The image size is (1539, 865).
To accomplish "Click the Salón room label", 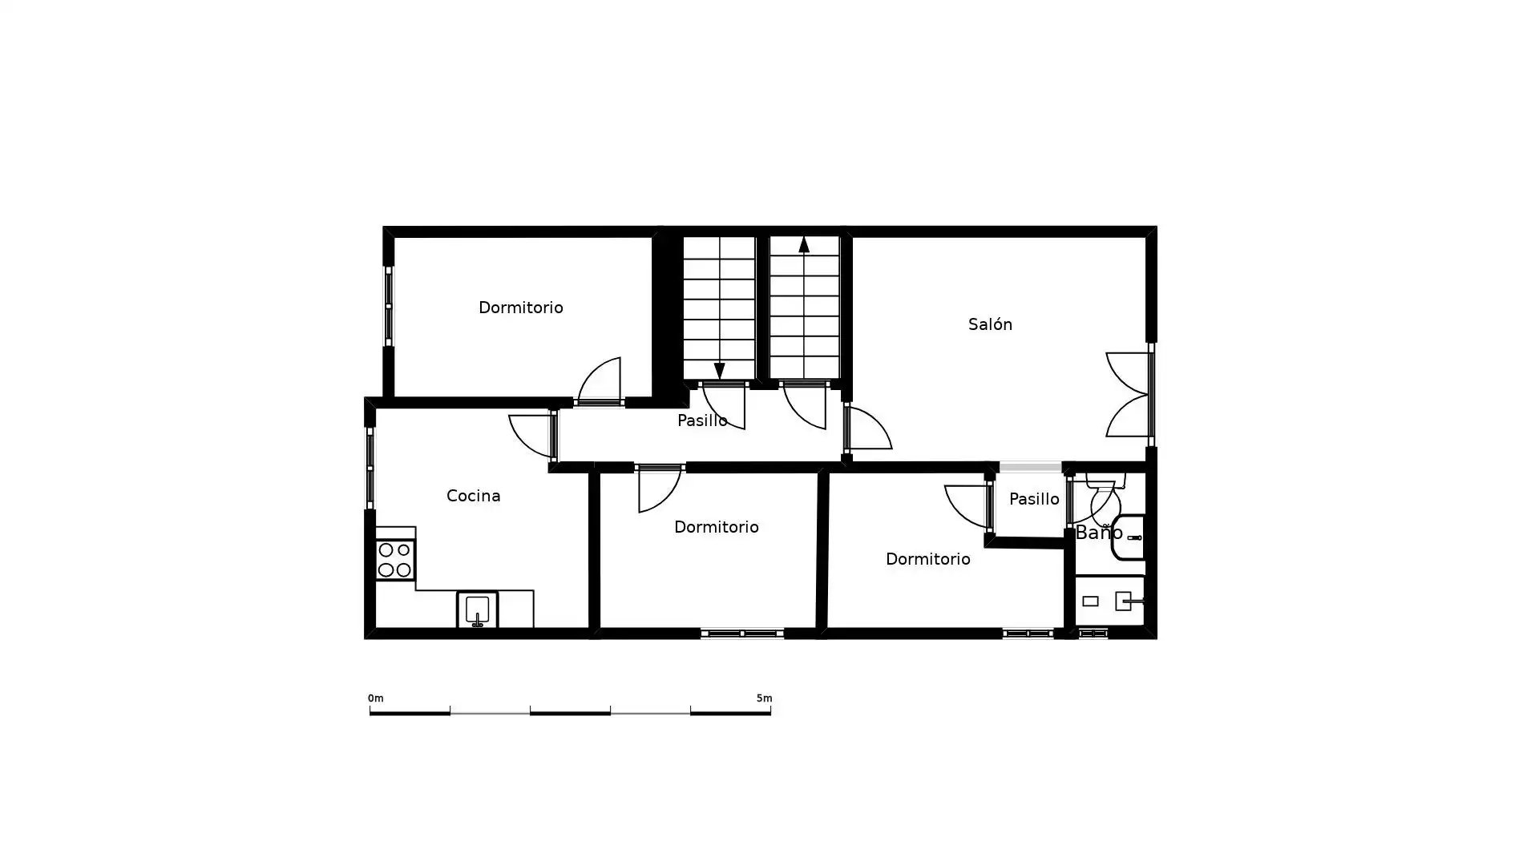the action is pyautogui.click(x=990, y=324).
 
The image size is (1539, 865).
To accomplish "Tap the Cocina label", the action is pyautogui.click(x=473, y=496).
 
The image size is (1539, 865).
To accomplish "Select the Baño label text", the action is pyautogui.click(x=1098, y=533).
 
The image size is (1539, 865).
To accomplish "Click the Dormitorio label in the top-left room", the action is pyautogui.click(x=520, y=308).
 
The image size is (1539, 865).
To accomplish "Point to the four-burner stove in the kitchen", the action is pyautogui.click(x=395, y=560).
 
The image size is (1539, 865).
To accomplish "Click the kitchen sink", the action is pyautogui.click(x=477, y=610).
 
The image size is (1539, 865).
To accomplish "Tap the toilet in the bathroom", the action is pyautogui.click(x=1105, y=497).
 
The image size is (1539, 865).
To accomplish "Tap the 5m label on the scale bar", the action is pyautogui.click(x=764, y=698).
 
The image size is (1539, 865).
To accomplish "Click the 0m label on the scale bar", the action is pyautogui.click(x=375, y=698).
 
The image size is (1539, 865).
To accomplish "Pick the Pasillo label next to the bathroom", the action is pyautogui.click(x=1034, y=499).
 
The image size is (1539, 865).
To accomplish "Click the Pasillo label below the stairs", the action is pyautogui.click(x=702, y=420).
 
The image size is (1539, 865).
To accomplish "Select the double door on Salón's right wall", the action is pyautogui.click(x=1129, y=395).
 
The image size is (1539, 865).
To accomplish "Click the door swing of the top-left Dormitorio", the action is pyautogui.click(x=599, y=380).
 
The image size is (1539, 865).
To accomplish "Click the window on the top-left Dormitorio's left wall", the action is pyautogui.click(x=389, y=307).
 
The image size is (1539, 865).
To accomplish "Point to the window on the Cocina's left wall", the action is pyautogui.click(x=370, y=468).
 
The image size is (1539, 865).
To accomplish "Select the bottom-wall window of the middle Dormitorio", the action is pyautogui.click(x=742, y=634).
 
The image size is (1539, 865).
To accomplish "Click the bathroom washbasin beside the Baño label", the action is pyautogui.click(x=1129, y=537).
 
